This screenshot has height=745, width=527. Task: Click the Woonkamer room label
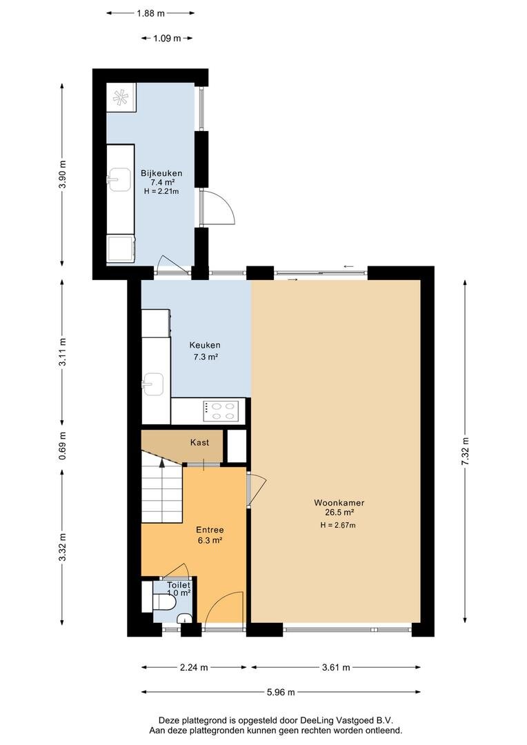click(339, 503)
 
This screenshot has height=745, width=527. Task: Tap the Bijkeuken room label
click(161, 173)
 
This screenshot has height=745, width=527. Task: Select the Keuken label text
click(205, 346)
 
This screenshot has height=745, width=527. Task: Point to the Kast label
click(199, 442)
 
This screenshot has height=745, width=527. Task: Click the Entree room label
click(210, 530)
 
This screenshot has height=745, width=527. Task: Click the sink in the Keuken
click(154, 384)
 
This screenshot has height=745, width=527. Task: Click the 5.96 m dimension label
click(281, 693)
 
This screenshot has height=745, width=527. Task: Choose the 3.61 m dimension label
click(336, 668)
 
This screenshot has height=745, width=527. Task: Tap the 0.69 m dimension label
click(63, 446)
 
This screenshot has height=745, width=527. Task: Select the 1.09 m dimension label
click(167, 39)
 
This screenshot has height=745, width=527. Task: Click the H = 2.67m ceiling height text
click(339, 525)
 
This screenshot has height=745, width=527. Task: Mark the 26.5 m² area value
click(339, 513)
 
